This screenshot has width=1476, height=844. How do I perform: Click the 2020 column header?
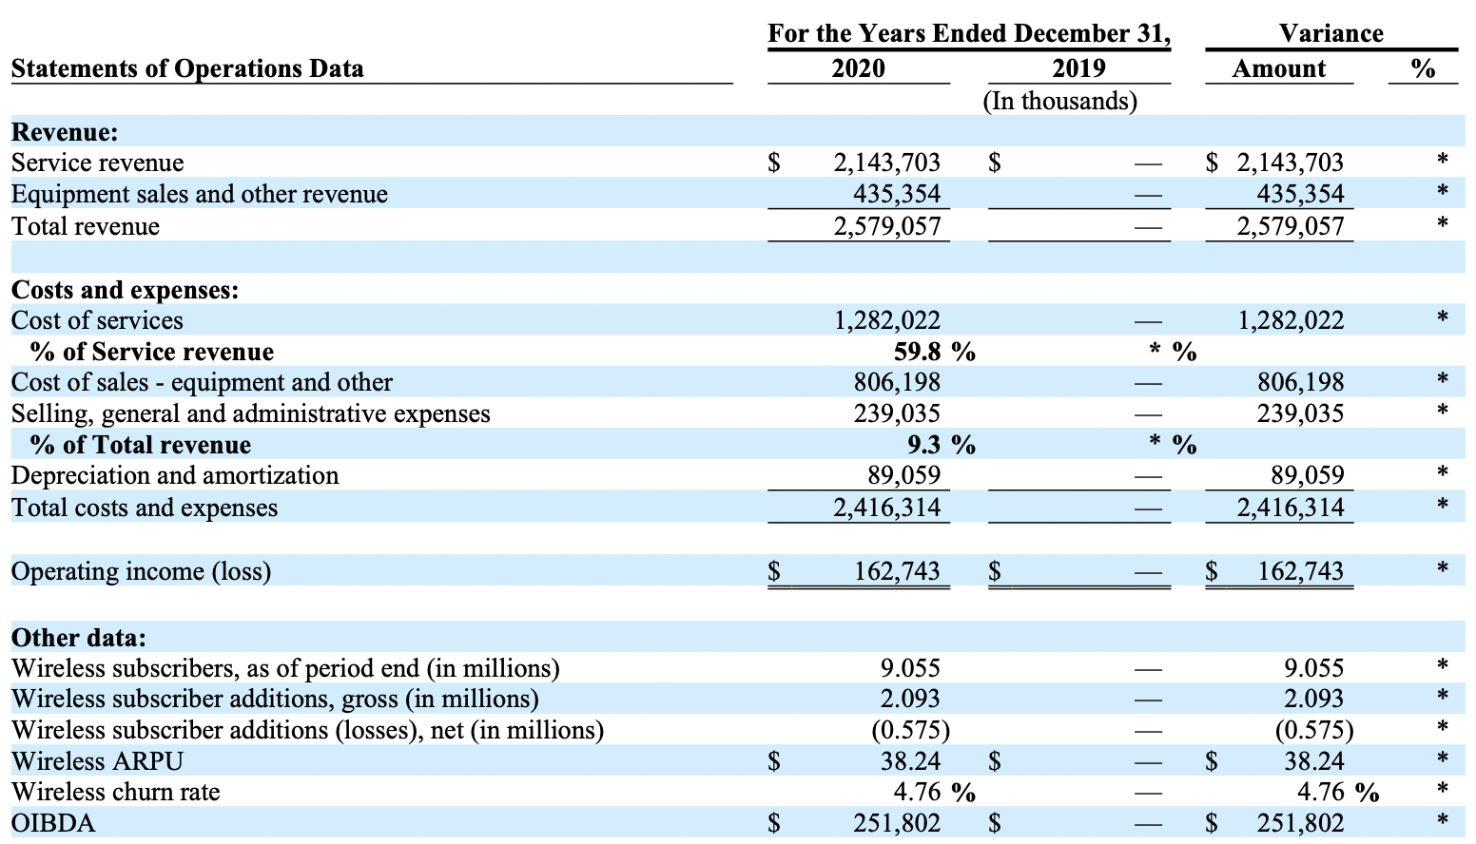pos(858,68)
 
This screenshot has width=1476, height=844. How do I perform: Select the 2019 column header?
pos(1078,68)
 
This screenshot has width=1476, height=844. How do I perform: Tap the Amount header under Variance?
pos(1278,68)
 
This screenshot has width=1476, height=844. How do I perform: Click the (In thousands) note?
pos(1059,101)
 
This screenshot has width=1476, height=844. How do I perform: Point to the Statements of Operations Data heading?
pos(187,68)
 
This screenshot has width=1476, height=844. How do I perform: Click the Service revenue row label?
pos(97,163)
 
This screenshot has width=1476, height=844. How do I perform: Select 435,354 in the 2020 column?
pos(896,194)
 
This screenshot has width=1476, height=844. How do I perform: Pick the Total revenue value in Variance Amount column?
pos(1290,226)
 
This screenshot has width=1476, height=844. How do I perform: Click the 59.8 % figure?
pos(934,352)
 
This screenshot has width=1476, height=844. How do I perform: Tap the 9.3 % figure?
pos(941,445)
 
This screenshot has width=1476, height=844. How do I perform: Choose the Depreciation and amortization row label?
pos(175,475)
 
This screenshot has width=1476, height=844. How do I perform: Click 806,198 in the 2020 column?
pos(896,382)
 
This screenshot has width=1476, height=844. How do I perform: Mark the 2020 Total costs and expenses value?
pos(886,508)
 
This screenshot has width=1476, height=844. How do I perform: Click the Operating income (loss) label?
pos(141,571)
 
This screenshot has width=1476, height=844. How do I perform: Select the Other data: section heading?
pos(79,637)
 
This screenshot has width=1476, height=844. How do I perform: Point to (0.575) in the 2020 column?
pos(910,730)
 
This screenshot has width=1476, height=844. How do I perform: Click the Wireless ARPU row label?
pos(97,761)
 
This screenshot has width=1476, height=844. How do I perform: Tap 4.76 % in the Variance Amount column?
pos(1337,792)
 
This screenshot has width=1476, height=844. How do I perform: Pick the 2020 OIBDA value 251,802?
pos(896,823)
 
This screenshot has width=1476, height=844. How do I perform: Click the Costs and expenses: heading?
pos(125,290)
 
